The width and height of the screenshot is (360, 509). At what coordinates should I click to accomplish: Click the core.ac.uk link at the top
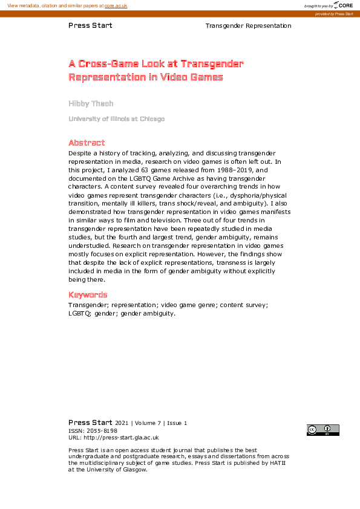coord(116,5)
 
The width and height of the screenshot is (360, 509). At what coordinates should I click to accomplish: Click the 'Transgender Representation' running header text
coord(248,26)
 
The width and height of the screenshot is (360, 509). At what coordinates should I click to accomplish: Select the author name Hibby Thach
coord(91,103)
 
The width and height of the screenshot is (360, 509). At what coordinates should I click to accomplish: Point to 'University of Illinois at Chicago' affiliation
coord(116,119)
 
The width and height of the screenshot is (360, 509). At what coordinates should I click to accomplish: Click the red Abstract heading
coord(87,143)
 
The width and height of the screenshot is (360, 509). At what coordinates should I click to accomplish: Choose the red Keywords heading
coord(88,295)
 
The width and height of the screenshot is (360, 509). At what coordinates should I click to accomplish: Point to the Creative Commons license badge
coord(322,430)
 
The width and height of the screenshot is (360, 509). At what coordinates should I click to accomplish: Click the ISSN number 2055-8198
coord(103,430)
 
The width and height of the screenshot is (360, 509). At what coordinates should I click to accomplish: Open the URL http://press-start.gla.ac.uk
coord(121,438)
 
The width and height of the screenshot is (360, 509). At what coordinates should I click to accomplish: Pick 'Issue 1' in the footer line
coord(177,423)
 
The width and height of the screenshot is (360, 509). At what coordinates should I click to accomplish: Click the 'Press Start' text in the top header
coord(90,26)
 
